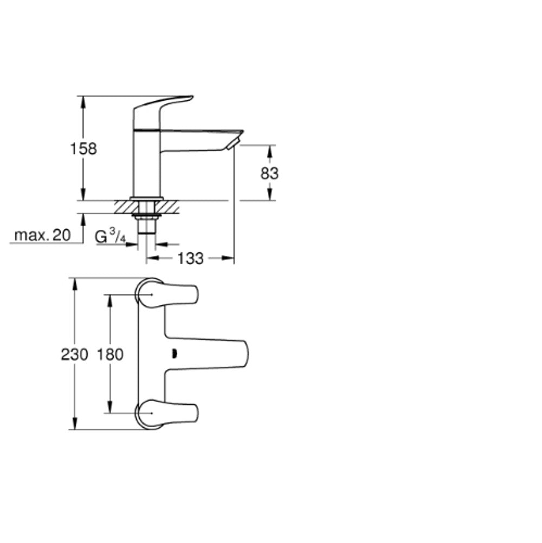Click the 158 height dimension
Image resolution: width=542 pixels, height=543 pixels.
coord(83,149)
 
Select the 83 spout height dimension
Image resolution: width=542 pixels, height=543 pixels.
coord(269,173)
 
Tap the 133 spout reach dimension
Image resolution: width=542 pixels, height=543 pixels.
coord(190,258)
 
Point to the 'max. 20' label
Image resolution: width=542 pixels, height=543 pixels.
coord(42,235)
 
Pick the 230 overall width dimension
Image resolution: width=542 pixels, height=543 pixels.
coord(75,355)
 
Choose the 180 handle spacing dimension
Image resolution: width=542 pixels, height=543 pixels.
coord(110,355)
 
